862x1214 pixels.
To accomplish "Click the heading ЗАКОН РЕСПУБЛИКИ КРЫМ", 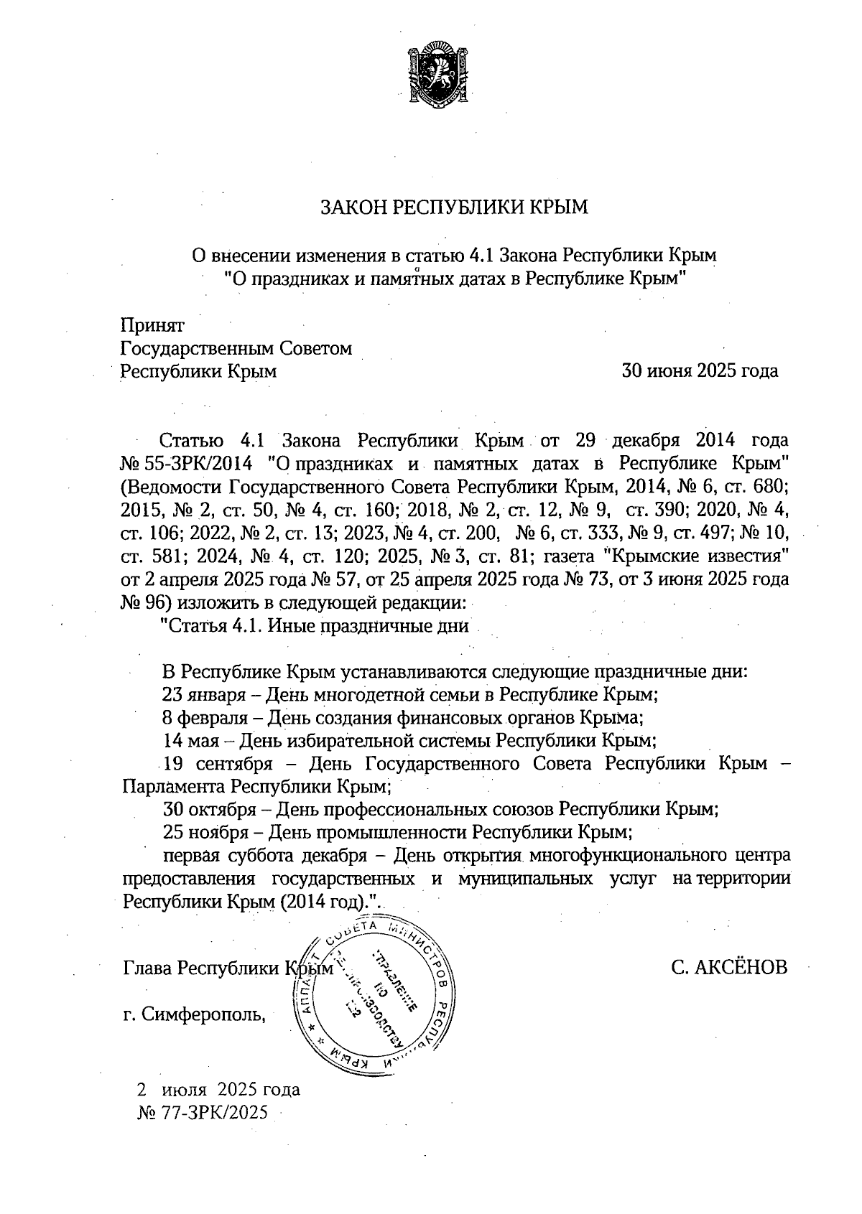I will (x=453, y=207).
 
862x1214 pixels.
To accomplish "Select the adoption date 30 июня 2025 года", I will (x=700, y=371).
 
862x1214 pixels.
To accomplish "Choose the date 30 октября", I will (x=209, y=809).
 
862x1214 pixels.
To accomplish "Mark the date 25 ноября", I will (x=205, y=832).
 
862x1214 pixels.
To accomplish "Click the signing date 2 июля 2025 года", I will (x=218, y=1089).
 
